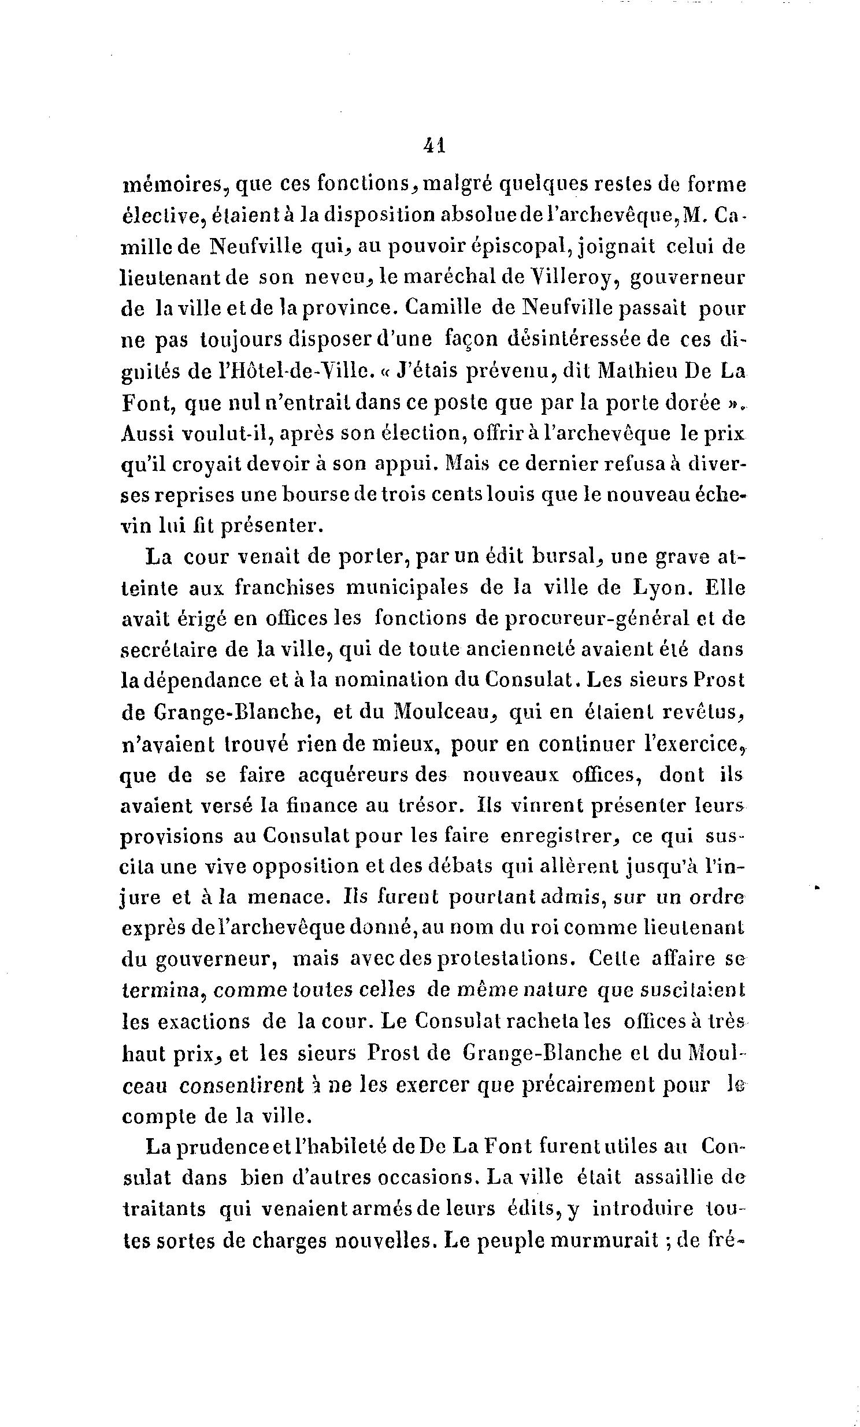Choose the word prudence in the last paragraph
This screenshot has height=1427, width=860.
pyautogui.click(x=223, y=1147)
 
